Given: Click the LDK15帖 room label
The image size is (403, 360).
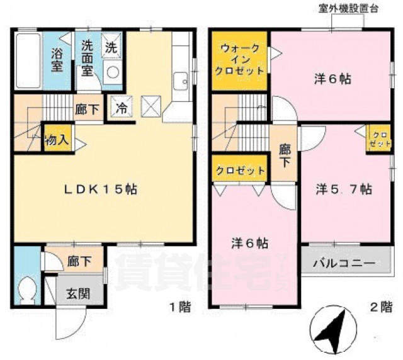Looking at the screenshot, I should coord(104,189).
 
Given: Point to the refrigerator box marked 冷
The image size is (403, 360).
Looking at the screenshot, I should coord(120,108).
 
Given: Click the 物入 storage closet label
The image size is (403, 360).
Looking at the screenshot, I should coord(56,140).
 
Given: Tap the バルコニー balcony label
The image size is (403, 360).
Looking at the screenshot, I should coord(344,262).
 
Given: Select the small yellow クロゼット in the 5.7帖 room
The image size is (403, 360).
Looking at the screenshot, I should coord(378,140).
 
